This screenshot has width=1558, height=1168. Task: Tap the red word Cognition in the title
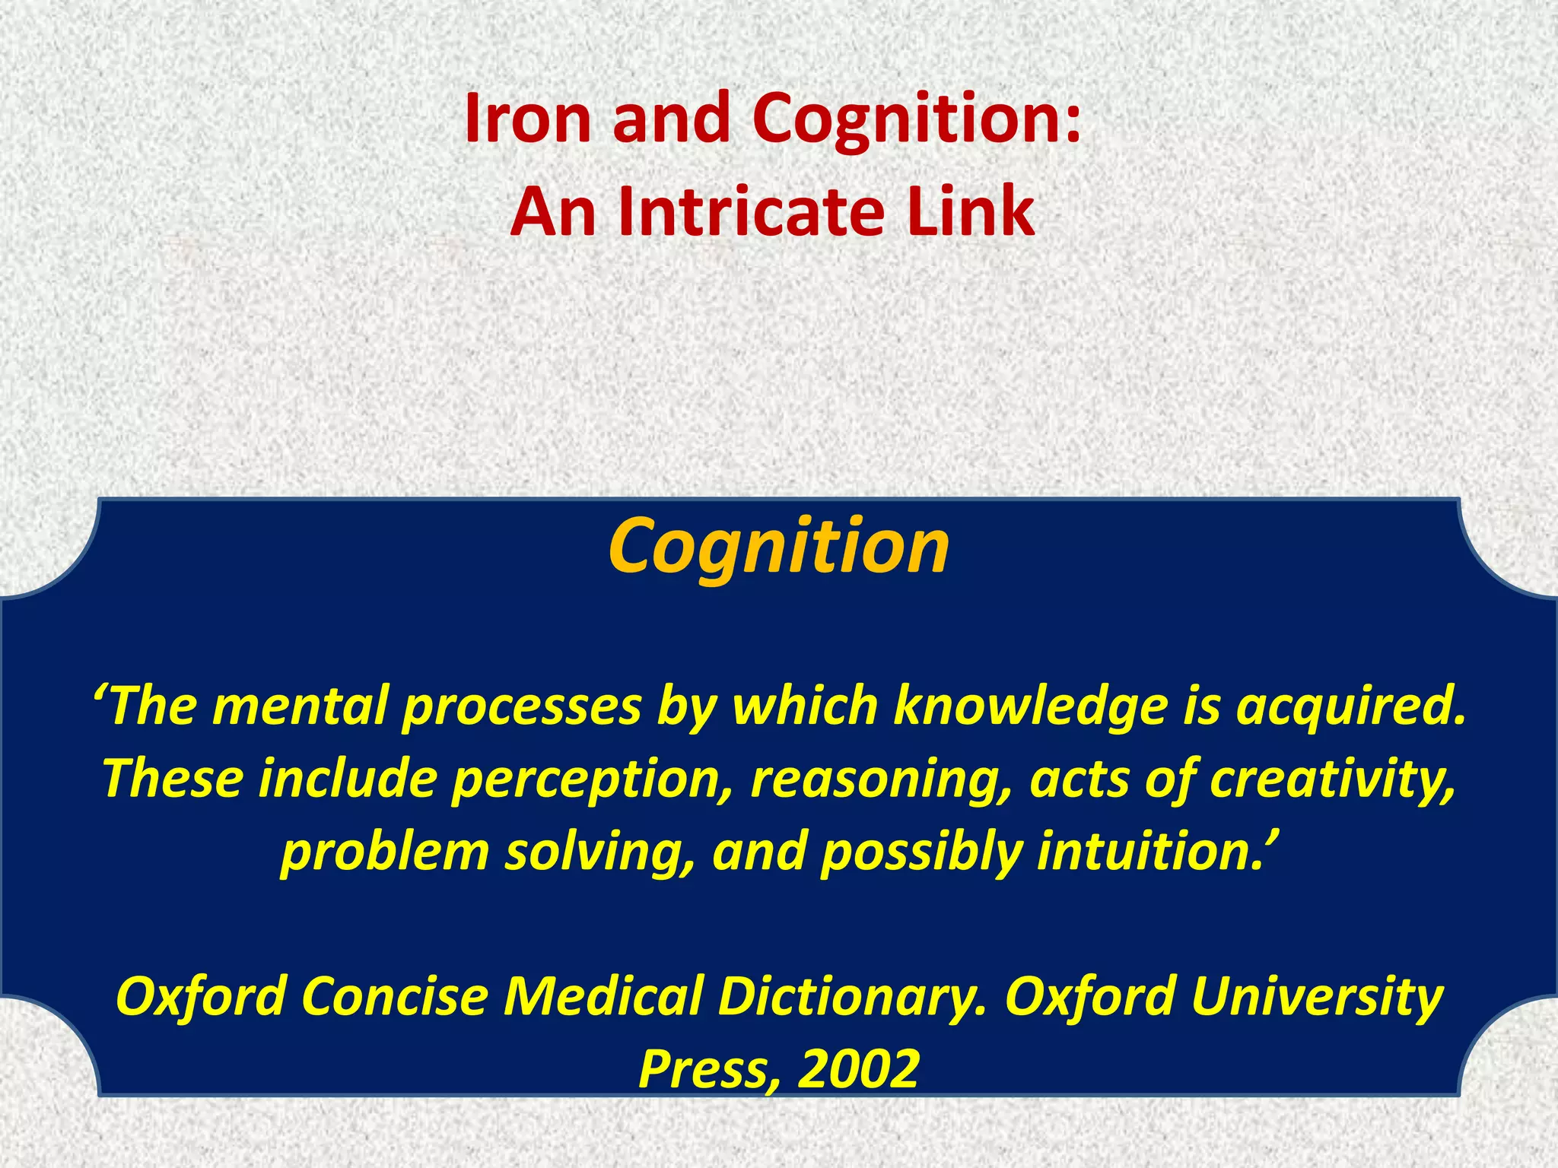click(x=916, y=119)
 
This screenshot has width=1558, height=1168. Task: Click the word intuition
click(x=1148, y=851)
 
